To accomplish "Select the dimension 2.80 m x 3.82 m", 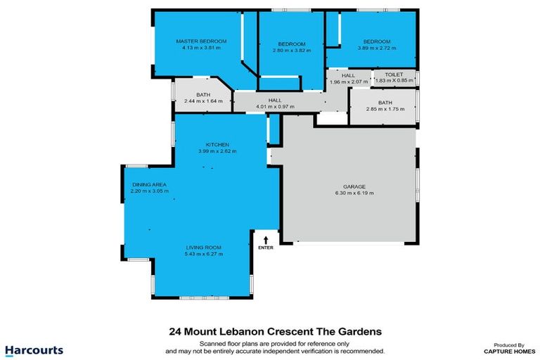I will pyautogui.click(x=291, y=50).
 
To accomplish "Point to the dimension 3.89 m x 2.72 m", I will pyautogui.click(x=377, y=49).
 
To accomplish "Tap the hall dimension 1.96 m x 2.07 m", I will pyautogui.click(x=349, y=82).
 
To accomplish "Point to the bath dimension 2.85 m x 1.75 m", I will pyautogui.click(x=385, y=110).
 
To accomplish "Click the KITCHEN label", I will pyautogui.click(x=217, y=144).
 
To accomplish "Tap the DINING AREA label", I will pyautogui.click(x=150, y=184).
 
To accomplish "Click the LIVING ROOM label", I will pyautogui.click(x=204, y=247).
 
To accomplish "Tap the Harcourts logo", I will pyautogui.click(x=34, y=349).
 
